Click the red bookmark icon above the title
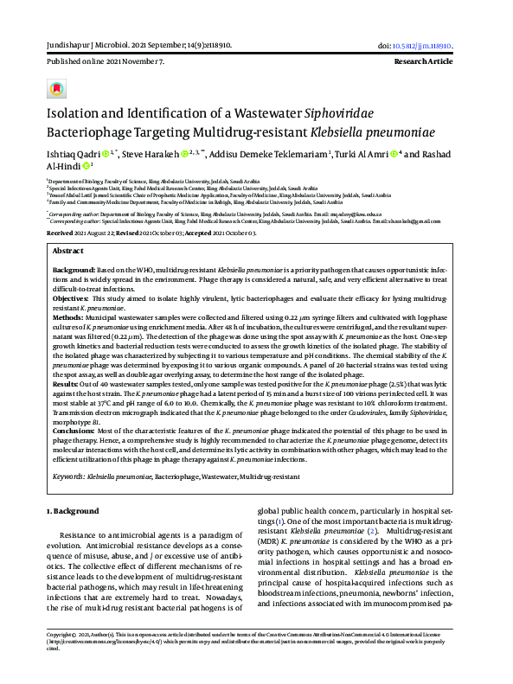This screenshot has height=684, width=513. pyautogui.click(x=57, y=88)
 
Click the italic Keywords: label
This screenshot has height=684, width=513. pyautogui.click(x=68, y=476)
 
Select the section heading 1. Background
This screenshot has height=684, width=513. pyautogui.click(x=74, y=512)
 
